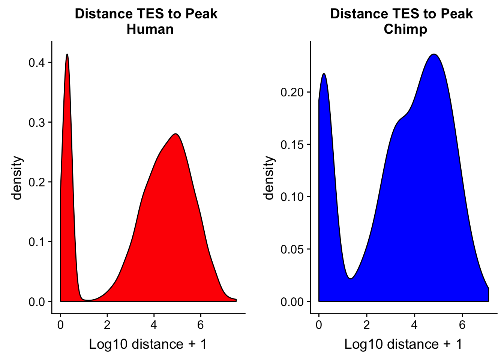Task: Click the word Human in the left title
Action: (x=150, y=29)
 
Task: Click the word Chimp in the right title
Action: (x=405, y=29)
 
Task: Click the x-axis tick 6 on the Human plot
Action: (x=200, y=325)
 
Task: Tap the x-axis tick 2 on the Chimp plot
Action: (x=366, y=325)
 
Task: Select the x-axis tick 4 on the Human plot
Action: (x=154, y=325)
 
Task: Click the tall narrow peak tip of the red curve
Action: (x=67, y=54)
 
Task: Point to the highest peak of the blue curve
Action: (x=434, y=54)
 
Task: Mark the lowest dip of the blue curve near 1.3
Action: (x=350, y=279)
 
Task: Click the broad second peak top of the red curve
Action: (x=175, y=134)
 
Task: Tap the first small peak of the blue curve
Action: (x=324, y=74)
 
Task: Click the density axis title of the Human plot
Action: (x=17, y=178)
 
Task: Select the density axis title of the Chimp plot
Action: (x=269, y=178)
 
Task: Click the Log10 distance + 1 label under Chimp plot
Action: (x=403, y=344)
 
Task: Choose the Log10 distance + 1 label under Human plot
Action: (x=148, y=344)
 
